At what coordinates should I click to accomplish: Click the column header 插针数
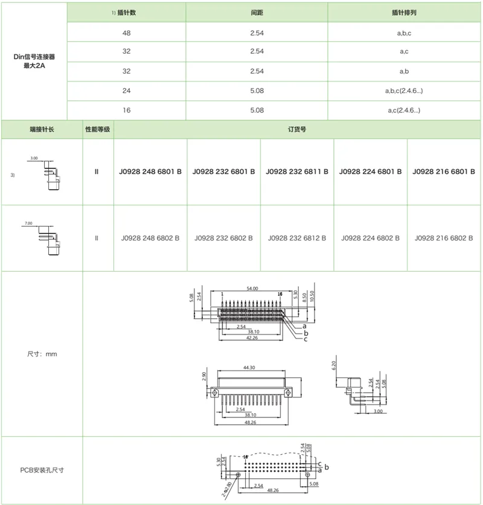point(128,12)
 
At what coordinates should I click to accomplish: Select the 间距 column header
point(257,12)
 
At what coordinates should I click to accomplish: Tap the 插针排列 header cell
point(405,12)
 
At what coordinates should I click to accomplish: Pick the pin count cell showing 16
point(126,110)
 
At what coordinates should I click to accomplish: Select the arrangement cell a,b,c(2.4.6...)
point(405,91)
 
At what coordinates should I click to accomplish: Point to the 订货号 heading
point(298,130)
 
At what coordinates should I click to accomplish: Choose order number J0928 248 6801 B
point(150,172)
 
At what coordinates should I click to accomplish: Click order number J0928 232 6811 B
point(297,172)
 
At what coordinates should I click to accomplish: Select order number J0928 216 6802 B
point(444,238)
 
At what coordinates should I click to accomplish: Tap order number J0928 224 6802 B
point(371,238)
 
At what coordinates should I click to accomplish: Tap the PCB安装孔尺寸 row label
point(42,470)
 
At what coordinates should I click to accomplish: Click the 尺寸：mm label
point(42,353)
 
